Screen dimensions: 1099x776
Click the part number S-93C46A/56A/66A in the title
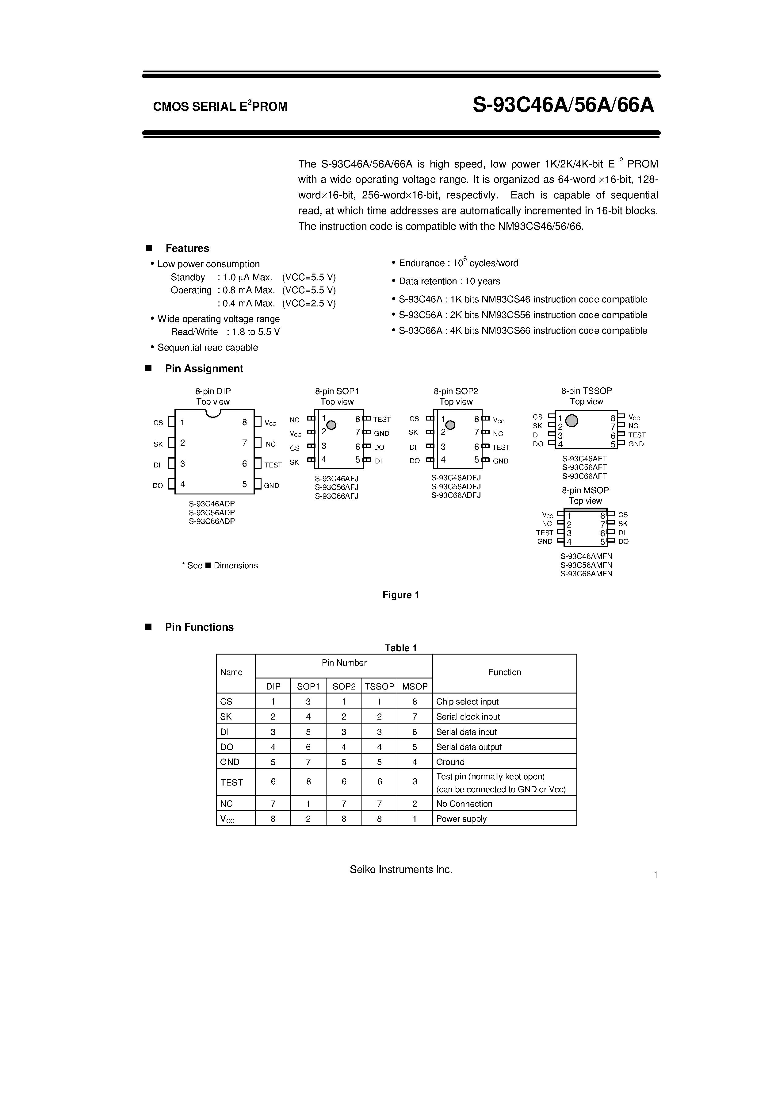click(x=563, y=105)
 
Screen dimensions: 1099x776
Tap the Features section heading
click(x=187, y=248)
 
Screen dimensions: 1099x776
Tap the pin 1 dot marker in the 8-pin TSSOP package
click(x=572, y=421)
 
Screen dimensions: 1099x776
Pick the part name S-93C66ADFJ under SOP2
click(x=456, y=495)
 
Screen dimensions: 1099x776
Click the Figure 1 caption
click(x=401, y=595)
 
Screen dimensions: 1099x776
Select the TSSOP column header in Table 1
click(x=379, y=686)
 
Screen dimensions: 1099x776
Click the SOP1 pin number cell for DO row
click(x=308, y=747)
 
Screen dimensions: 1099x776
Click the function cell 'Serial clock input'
click(x=468, y=717)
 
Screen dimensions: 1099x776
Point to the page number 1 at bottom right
click(x=656, y=875)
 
